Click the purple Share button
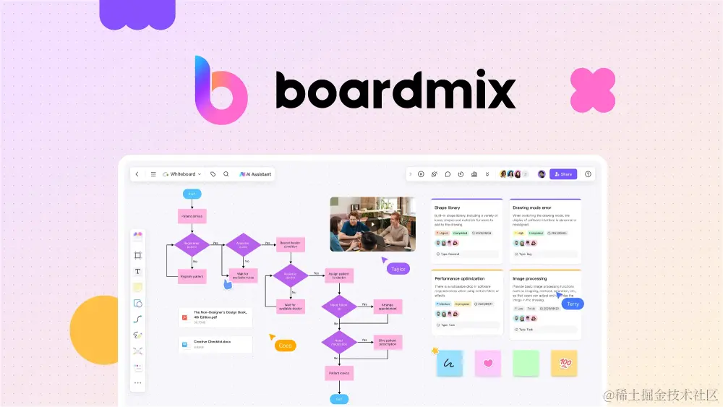(x=563, y=174)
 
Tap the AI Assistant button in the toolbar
(x=256, y=174)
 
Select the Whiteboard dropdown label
(x=182, y=174)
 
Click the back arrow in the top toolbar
(x=137, y=174)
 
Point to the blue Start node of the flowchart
(x=192, y=194)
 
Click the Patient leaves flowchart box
(x=338, y=373)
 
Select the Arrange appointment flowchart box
(x=388, y=307)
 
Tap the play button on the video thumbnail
(x=372, y=223)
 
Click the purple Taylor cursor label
(x=398, y=269)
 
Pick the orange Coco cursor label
(x=286, y=346)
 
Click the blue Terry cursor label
(x=573, y=304)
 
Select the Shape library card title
(x=448, y=207)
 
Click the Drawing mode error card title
(x=532, y=207)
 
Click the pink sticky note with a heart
(x=488, y=364)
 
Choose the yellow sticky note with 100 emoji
(x=564, y=363)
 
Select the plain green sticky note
(x=526, y=363)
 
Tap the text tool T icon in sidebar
(x=138, y=271)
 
